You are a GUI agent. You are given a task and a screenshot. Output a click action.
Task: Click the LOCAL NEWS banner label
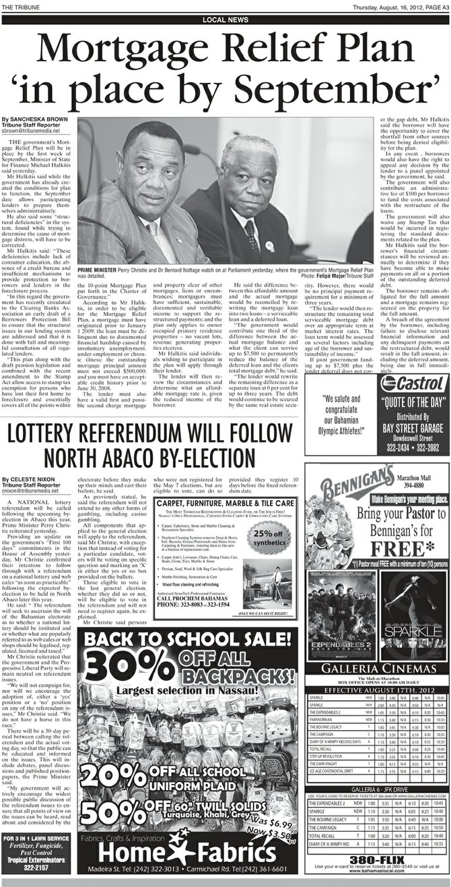pyautogui.click(x=224, y=20)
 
